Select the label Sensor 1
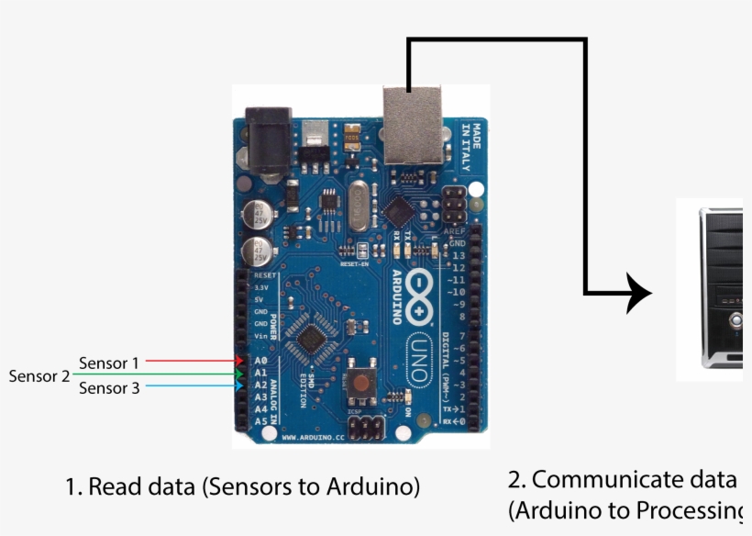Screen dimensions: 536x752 point(109,363)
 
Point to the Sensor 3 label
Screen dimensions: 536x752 point(109,388)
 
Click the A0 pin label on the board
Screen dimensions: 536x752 point(260,362)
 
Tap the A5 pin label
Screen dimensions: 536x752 point(260,421)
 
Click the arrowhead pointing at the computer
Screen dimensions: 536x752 point(638,294)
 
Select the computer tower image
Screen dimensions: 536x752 point(719,289)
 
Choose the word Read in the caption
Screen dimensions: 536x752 point(114,486)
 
